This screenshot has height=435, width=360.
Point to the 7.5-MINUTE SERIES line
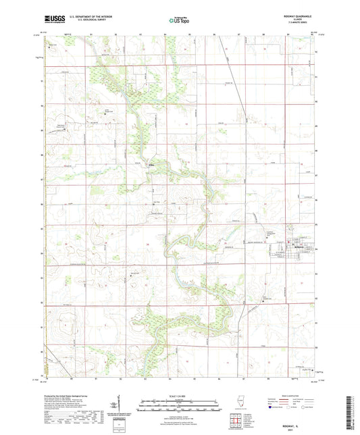pos(301,25)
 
